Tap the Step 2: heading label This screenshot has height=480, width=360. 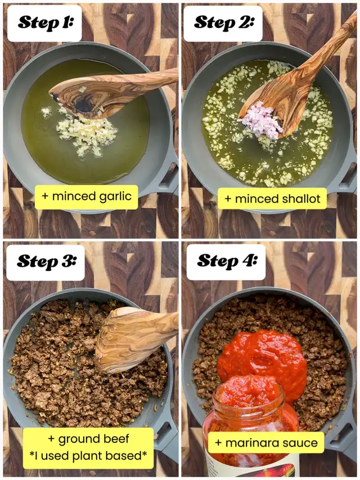coord(223,23)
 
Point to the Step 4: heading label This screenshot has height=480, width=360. coord(226,262)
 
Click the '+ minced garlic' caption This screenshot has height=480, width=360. coord(87,196)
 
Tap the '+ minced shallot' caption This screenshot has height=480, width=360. coord(272,199)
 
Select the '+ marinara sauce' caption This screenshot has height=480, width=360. coord(266,443)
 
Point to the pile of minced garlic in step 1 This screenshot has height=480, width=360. coord(86,134)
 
